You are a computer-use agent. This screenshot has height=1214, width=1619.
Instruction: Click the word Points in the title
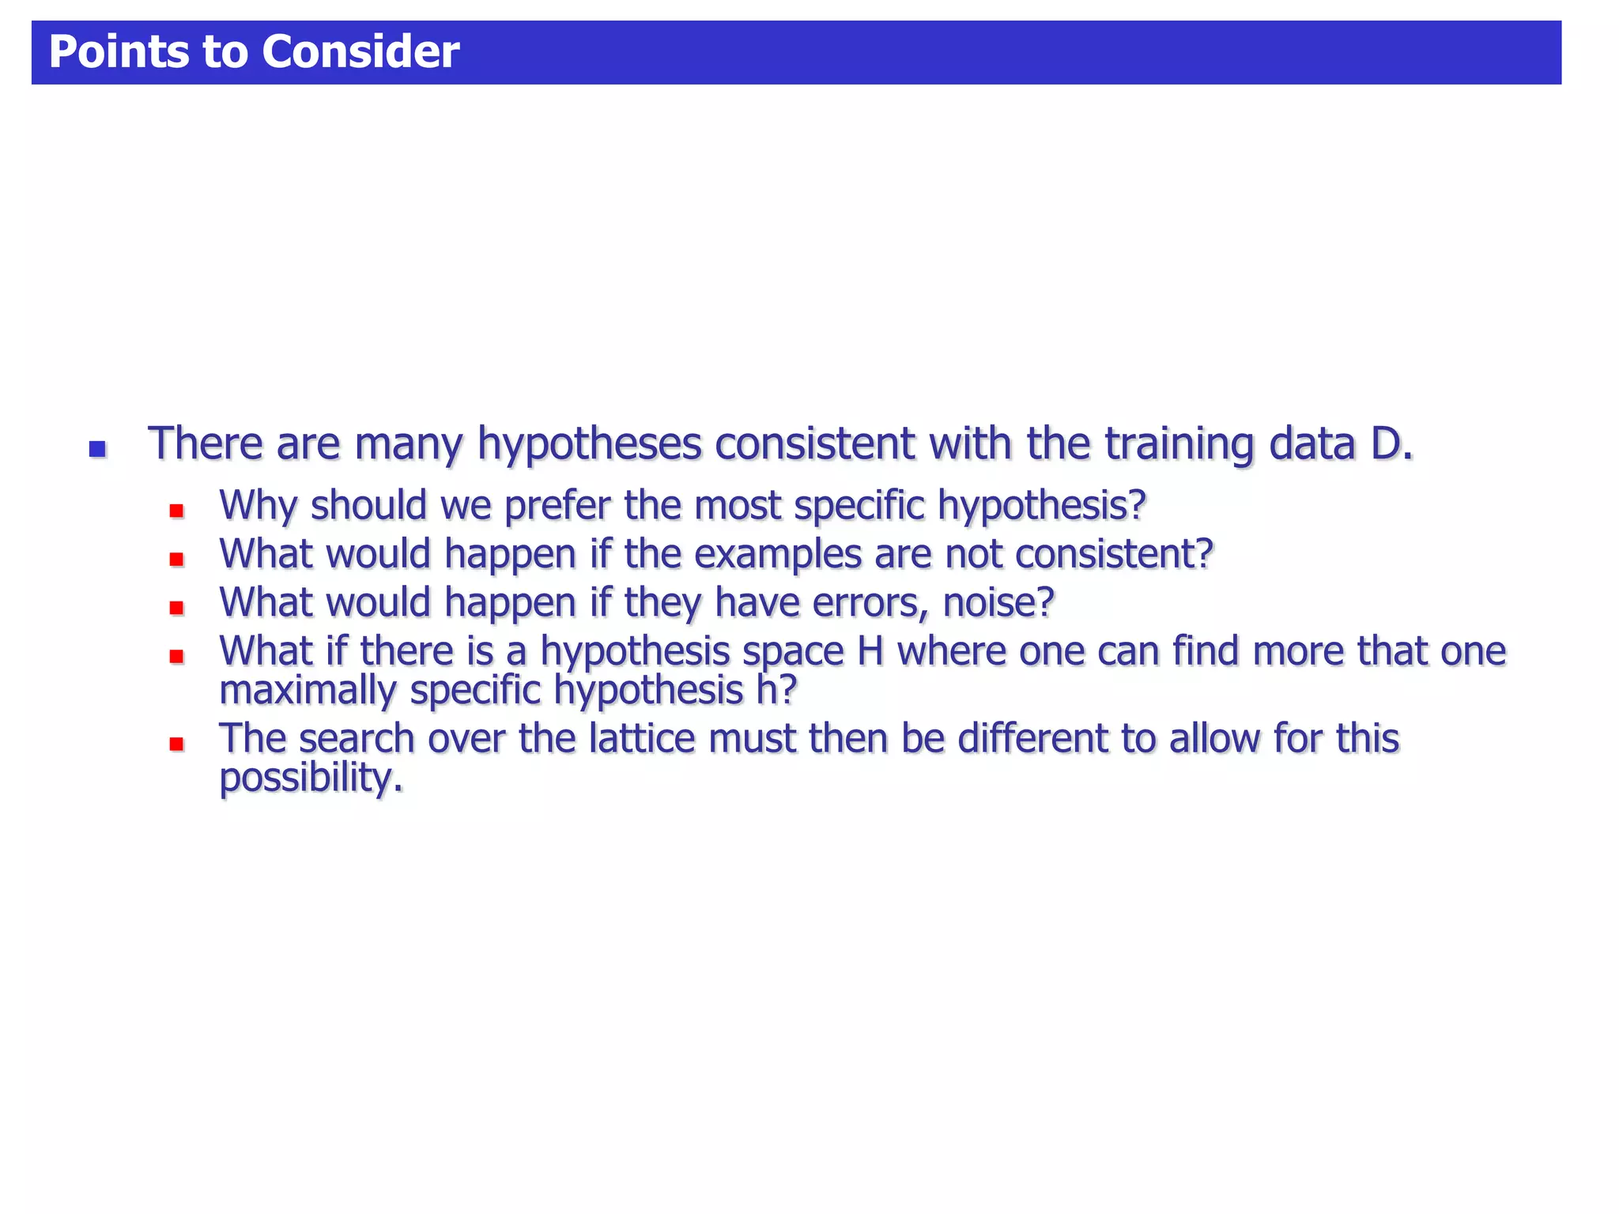coord(119,52)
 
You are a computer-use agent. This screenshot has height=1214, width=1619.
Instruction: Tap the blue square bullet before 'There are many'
coord(97,450)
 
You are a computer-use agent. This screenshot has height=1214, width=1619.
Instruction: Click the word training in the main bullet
coord(1179,445)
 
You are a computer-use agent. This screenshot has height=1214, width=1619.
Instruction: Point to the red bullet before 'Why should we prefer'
coord(176,511)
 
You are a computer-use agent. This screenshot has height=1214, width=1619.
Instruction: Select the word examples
coord(777,555)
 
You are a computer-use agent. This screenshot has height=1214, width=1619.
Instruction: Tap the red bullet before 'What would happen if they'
coord(176,608)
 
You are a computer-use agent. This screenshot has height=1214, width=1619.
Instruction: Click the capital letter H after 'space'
coord(870,652)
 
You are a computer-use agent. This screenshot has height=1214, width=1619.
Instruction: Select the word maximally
coord(308,692)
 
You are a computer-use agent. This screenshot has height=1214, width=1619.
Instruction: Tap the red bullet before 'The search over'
coord(176,744)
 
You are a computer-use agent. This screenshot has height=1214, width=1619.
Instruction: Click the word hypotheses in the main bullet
coord(589,445)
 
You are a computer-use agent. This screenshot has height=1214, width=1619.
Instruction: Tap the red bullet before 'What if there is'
coord(176,656)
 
